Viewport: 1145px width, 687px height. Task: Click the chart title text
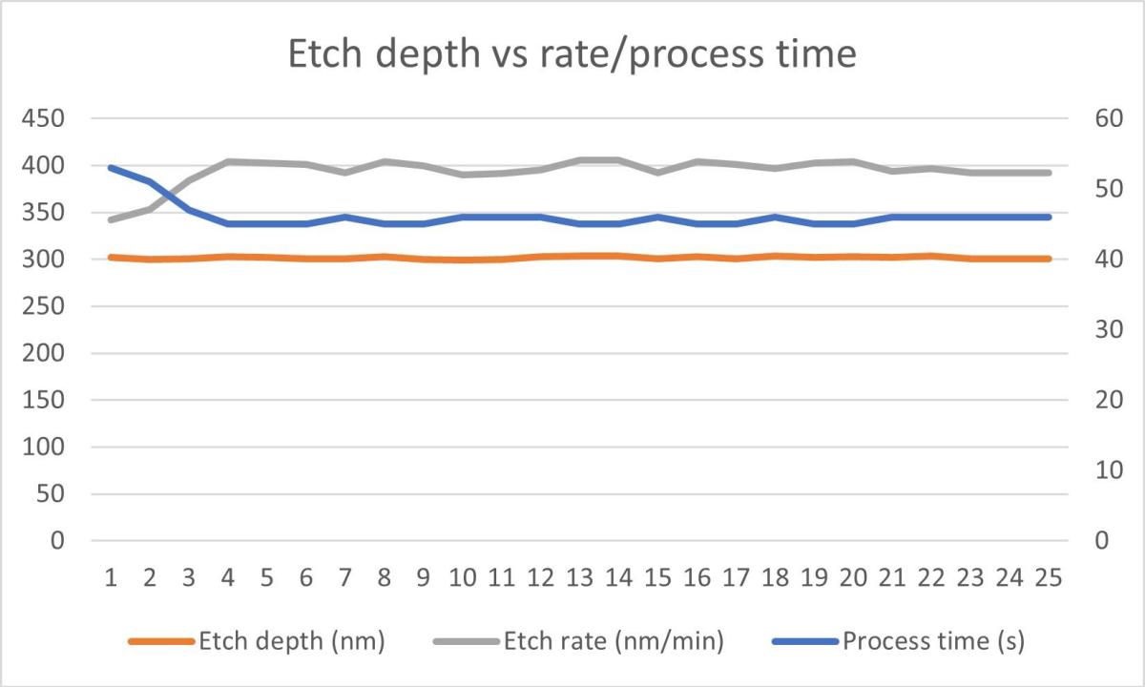pyautogui.click(x=572, y=54)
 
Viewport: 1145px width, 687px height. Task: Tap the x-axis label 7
pyautogui.click(x=345, y=577)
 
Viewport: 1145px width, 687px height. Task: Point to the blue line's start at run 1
pyautogui.click(x=112, y=168)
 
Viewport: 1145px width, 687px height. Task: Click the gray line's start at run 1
pyautogui.click(x=112, y=219)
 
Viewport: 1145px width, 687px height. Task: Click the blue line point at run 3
pyautogui.click(x=190, y=210)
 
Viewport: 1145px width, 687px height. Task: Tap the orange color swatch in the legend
pyautogui.click(x=161, y=641)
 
